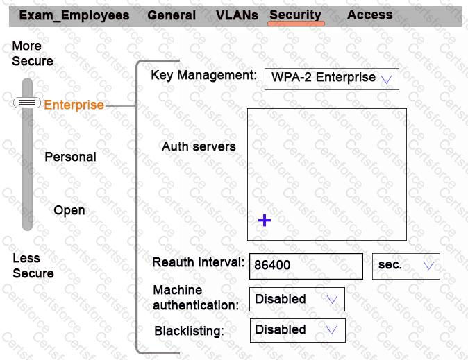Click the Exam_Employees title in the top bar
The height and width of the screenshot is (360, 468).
pos(74,15)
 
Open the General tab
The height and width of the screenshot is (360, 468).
pos(172,15)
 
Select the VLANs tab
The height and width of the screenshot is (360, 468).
pos(237,15)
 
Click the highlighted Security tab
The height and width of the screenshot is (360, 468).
pos(296,15)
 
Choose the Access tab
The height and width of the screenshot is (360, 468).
pos(369,15)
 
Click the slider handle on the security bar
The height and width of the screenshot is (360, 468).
pos(27,103)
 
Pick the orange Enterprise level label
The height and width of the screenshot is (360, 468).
pos(74,105)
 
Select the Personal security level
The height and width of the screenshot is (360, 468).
pos(70,157)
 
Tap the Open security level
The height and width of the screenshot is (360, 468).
pos(69,210)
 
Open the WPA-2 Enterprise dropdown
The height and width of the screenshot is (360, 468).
pos(331,78)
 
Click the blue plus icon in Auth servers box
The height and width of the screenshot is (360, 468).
pos(265,221)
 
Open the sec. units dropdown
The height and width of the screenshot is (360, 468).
pos(406,266)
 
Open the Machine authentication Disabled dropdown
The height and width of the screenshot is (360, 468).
pos(296,300)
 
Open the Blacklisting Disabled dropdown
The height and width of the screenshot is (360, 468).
pos(296,330)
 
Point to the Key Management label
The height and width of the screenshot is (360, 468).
pos(203,75)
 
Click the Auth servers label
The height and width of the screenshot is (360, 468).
pos(199,146)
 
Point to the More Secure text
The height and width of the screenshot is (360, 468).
pos(32,53)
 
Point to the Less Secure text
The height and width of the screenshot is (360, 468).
pos(33,266)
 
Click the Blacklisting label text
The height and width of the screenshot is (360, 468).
pos(189,331)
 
